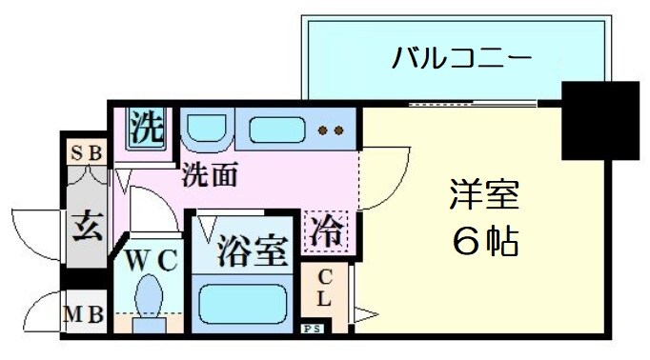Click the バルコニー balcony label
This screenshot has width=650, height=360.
(460, 58)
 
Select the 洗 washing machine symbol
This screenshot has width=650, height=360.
(148, 129)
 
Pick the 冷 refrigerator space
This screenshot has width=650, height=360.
(326, 231)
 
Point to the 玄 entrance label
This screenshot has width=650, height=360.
(86, 229)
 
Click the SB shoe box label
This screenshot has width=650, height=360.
(87, 151)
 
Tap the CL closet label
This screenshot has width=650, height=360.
(323, 289)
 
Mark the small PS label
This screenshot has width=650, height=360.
(313, 330)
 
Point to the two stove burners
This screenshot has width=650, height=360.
(331, 130)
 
